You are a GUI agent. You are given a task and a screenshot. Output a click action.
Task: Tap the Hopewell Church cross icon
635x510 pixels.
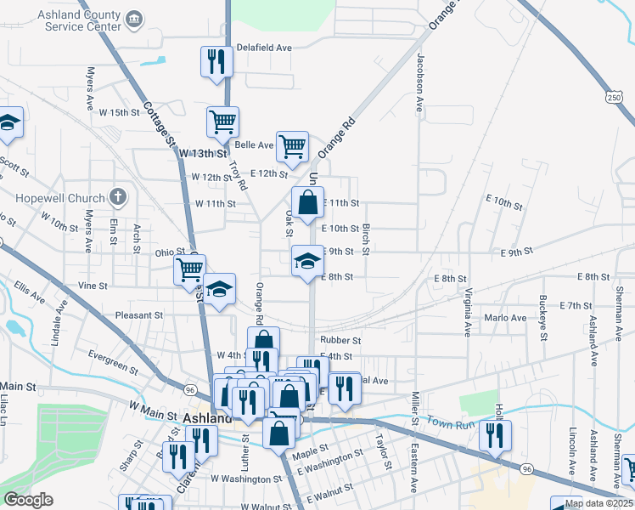(x=118, y=198)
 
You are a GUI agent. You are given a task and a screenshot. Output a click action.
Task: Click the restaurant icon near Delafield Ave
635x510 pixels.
(x=216, y=61)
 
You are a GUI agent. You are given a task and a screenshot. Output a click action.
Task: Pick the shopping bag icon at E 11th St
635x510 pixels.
(x=307, y=203)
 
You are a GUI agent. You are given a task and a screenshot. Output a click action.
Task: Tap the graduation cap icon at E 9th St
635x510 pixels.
(x=307, y=260)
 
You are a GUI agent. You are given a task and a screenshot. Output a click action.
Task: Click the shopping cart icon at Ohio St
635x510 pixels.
(x=188, y=270)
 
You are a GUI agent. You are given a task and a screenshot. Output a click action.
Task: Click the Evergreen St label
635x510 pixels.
(x=112, y=361)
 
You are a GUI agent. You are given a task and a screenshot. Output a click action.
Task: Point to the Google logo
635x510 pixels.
(x=28, y=500)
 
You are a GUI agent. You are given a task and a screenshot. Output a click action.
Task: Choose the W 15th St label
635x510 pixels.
(x=118, y=112)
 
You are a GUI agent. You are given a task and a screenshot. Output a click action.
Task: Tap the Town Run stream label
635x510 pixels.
(x=450, y=422)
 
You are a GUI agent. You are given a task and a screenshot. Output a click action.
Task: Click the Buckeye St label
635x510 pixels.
(x=542, y=316)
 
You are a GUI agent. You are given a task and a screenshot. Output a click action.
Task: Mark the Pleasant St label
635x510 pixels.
(x=138, y=314)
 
